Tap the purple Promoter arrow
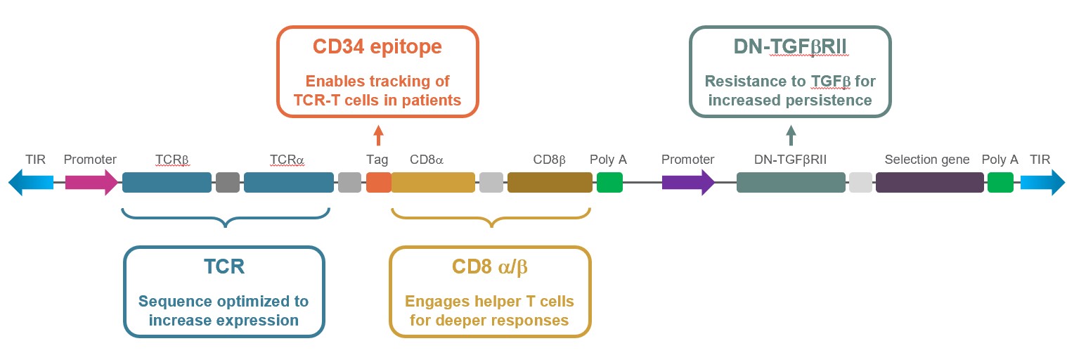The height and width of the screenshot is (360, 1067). click(687, 183)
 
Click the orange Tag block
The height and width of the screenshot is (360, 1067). click(378, 183)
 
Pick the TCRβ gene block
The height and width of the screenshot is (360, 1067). click(167, 183)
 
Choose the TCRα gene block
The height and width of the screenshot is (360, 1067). click(288, 183)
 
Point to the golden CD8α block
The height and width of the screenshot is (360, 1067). click(423, 183)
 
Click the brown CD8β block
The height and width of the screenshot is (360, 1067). click(550, 183)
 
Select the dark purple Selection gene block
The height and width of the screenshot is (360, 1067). click(929, 183)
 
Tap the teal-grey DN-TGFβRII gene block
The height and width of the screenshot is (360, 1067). click(791, 183)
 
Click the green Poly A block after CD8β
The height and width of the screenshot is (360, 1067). click(609, 183)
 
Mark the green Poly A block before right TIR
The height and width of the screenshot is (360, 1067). click(1000, 183)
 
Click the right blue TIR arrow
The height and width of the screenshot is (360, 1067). click(1042, 183)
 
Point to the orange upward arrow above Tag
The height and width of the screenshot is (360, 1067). click(378, 134)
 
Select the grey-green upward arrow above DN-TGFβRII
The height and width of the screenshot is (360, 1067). click(791, 134)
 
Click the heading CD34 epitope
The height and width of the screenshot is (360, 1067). click(377, 47)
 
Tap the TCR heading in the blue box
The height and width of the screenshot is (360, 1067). click(224, 269)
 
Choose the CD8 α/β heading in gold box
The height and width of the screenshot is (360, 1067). click(490, 269)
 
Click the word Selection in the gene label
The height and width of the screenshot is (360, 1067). click(907, 160)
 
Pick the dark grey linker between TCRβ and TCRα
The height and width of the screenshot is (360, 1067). click(228, 183)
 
